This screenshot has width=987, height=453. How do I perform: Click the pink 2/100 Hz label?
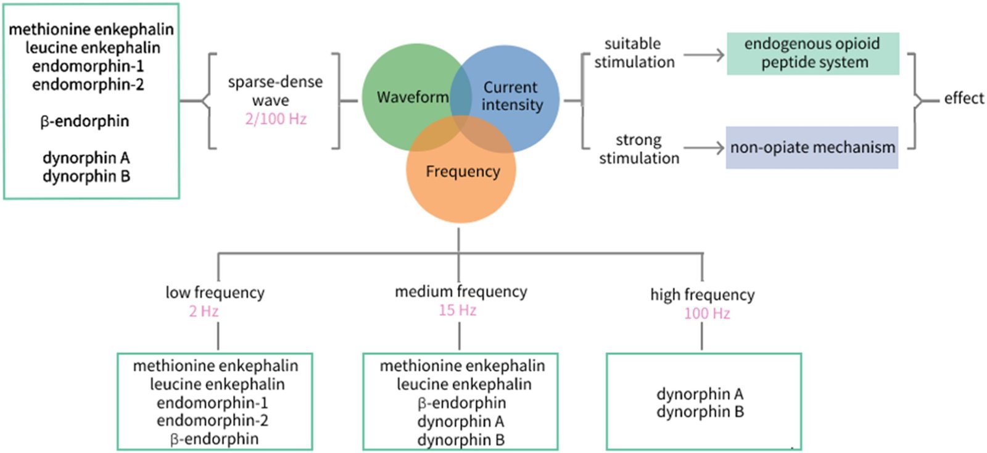tap(276, 119)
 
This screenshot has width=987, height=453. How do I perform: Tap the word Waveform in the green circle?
tap(413, 98)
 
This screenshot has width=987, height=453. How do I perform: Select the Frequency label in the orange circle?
tap(463, 172)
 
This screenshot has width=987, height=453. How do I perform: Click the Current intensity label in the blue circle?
tap(511, 96)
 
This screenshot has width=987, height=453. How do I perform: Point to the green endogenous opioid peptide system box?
tap(812, 54)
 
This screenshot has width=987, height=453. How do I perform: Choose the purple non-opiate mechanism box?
tap(812, 148)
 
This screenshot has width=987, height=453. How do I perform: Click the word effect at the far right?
tap(964, 98)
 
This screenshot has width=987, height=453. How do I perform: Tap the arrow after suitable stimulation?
tap(704, 55)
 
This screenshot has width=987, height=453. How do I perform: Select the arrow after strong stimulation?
tap(704, 148)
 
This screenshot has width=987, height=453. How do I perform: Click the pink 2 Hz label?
tap(204, 311)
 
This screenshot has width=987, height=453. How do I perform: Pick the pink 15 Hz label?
tap(457, 310)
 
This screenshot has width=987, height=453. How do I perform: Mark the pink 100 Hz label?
tap(707, 314)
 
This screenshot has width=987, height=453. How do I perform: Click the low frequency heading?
tap(215, 293)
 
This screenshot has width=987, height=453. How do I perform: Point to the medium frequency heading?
tap(461, 291)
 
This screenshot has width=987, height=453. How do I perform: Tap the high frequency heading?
tap(702, 295)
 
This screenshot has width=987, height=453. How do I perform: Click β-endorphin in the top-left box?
tap(85, 121)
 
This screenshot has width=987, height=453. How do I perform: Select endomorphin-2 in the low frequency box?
tap(212, 421)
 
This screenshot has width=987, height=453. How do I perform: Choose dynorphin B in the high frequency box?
tap(700, 412)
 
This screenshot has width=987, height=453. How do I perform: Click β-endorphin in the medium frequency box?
tap(461, 403)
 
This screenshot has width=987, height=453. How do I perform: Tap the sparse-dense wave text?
tap(275, 91)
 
